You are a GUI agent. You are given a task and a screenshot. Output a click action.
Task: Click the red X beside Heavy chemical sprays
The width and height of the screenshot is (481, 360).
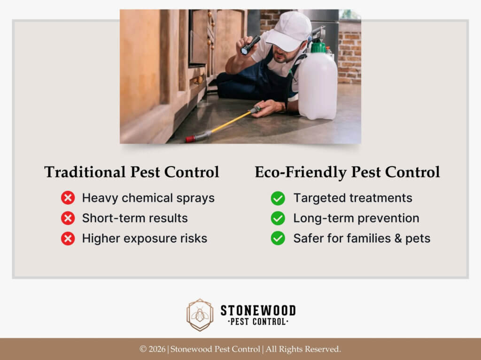coord(68,198)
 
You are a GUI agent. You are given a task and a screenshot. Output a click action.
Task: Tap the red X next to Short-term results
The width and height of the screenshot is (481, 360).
coord(68,218)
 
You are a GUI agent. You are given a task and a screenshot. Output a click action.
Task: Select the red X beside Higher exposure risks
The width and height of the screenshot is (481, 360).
coord(68,238)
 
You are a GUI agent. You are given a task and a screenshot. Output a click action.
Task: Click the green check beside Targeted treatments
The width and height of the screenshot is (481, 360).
coord(278,198)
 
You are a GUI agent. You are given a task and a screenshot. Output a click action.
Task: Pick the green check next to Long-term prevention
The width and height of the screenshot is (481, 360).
coord(278,218)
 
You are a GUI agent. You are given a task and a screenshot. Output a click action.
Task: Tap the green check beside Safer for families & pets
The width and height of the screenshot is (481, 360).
coord(278,238)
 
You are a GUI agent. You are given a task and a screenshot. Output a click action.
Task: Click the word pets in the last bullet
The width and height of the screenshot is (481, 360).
coord(418,238)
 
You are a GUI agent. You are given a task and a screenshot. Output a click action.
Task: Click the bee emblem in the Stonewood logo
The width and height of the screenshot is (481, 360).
coord(200,315)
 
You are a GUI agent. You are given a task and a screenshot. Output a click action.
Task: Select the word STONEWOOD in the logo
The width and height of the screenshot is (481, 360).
coord(258,310)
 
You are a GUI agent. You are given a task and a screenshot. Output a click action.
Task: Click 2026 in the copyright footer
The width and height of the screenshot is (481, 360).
coord(157,349)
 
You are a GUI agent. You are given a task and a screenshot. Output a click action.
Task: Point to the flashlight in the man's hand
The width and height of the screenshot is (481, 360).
coord(250,45)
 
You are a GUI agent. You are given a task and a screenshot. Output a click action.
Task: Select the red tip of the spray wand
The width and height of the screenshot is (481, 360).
coord(190,139)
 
